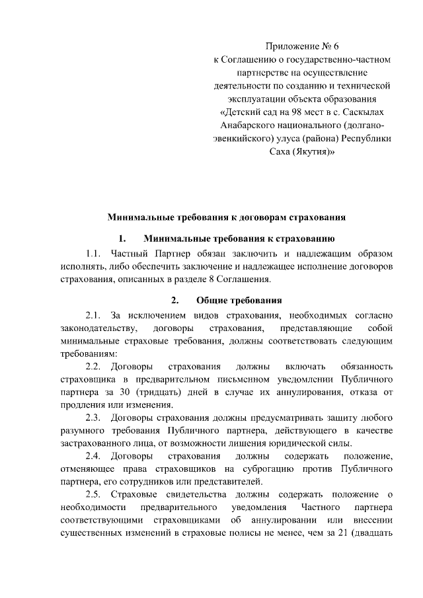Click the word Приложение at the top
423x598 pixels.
[x=291, y=46]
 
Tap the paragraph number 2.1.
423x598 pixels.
[x=93, y=315]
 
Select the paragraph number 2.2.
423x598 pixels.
[x=93, y=366]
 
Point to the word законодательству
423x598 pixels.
[x=99, y=328]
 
